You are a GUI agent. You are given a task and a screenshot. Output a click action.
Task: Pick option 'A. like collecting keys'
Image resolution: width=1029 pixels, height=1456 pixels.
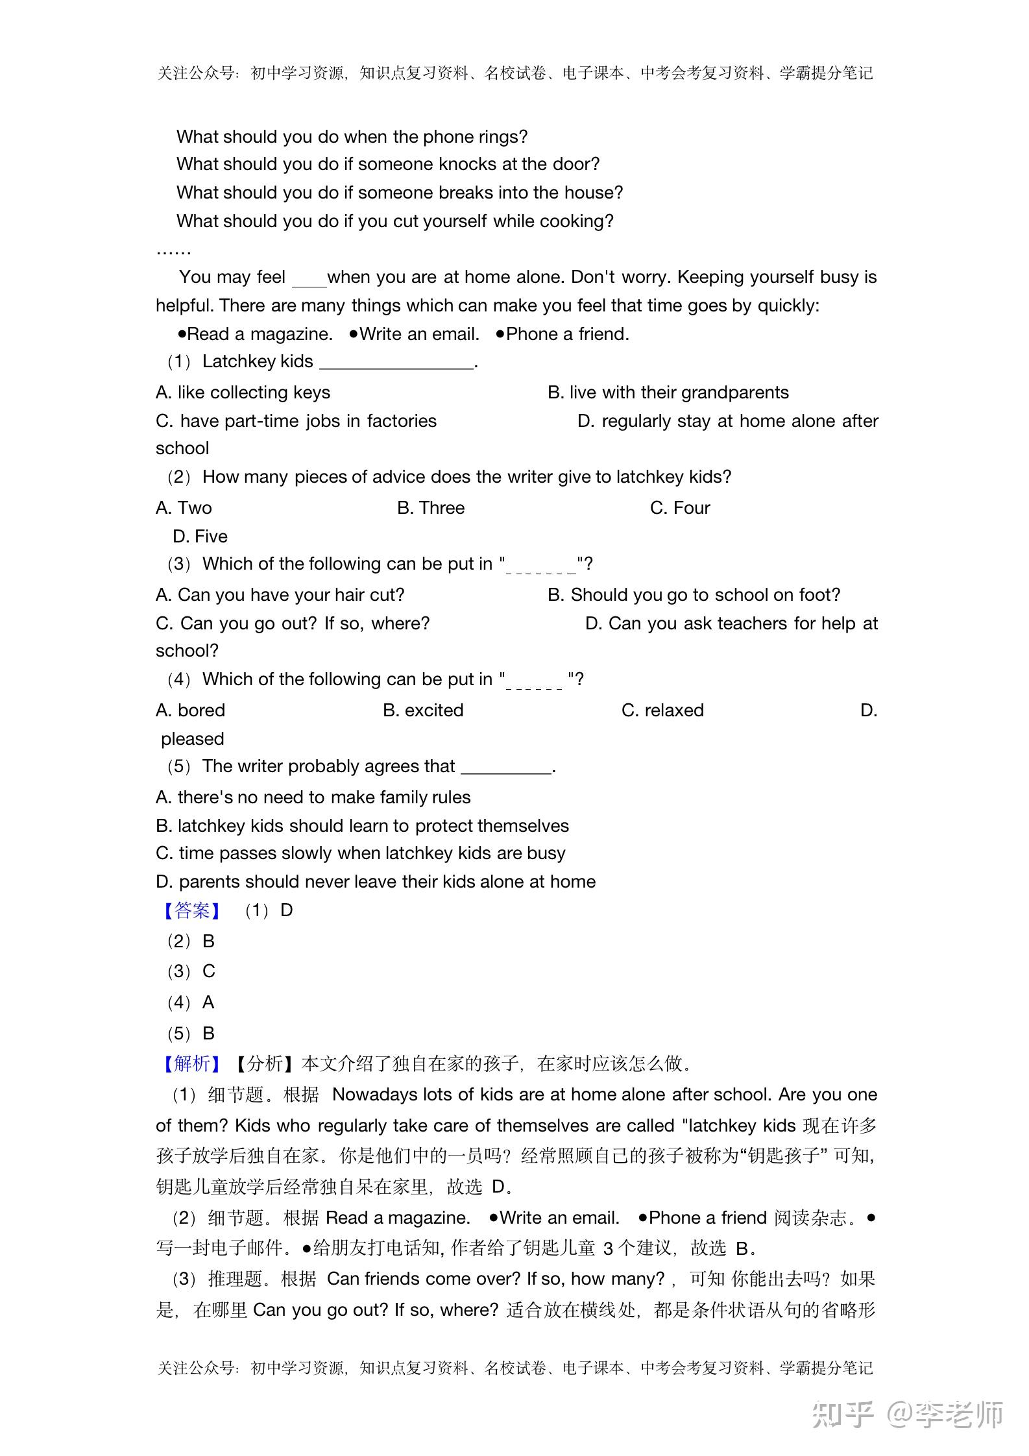tap(243, 393)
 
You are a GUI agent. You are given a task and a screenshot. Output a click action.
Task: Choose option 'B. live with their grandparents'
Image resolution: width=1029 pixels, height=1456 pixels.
tap(668, 393)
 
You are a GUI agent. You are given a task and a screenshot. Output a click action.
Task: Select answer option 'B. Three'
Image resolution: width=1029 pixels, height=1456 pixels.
tap(431, 508)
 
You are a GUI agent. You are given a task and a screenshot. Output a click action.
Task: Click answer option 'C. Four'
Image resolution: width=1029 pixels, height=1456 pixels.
tap(680, 508)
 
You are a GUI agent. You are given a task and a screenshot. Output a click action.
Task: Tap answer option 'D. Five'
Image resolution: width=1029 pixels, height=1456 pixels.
tap(200, 537)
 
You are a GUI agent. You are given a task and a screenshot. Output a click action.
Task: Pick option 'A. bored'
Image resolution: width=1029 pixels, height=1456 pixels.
tap(190, 710)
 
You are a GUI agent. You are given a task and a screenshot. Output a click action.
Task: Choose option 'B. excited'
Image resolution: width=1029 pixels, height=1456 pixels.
tap(423, 710)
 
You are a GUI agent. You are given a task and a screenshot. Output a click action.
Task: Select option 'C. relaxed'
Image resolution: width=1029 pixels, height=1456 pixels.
tap(662, 710)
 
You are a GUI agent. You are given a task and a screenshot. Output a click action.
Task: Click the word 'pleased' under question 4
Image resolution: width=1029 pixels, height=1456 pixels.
tap(193, 739)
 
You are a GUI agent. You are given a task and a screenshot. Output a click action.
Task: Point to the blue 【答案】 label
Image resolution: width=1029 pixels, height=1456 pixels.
tap(192, 910)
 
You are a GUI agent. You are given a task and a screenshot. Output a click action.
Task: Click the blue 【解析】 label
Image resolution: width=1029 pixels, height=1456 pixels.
tap(192, 1063)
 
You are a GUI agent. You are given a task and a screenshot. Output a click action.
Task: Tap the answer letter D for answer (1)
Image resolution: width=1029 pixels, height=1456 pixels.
tap(286, 910)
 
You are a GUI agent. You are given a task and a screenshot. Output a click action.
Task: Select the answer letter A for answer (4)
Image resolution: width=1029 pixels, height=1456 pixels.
tap(208, 1002)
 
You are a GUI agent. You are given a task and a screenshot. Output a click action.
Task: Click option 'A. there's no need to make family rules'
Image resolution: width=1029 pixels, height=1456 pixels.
tap(313, 797)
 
